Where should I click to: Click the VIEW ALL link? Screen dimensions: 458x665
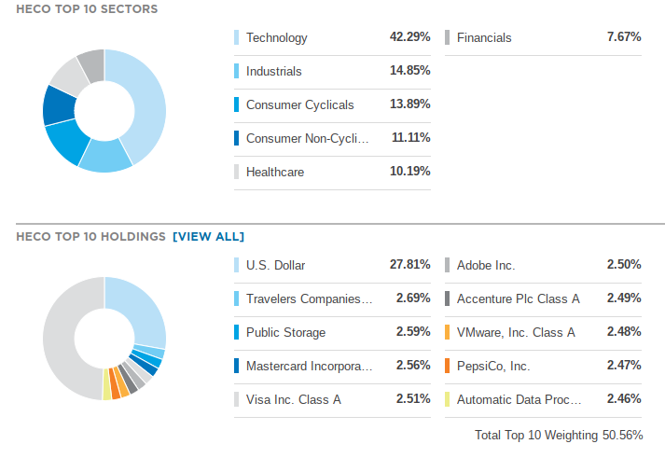pyautogui.click(x=208, y=237)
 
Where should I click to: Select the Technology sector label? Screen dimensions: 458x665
pyautogui.click(x=276, y=38)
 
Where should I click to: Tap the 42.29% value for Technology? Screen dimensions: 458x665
pyautogui.click(x=409, y=37)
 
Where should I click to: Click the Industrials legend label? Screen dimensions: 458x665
pyautogui.click(x=273, y=71)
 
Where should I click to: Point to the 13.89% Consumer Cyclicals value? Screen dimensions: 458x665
pyautogui.click(x=409, y=104)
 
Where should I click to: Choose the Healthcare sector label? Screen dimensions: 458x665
pyautogui.click(x=275, y=172)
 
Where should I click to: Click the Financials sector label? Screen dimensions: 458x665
pyautogui.click(x=484, y=38)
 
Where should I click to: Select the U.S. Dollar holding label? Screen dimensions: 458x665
pyautogui.click(x=275, y=265)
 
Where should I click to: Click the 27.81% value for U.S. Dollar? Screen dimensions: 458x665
pyautogui.click(x=409, y=265)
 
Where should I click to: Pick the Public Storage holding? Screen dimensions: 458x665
pyautogui.click(x=284, y=332)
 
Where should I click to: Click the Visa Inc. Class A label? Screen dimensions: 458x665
pyautogui.click(x=293, y=399)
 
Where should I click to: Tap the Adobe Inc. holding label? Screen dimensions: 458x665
pyautogui.click(x=485, y=265)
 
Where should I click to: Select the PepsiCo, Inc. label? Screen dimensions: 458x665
pyautogui.click(x=493, y=366)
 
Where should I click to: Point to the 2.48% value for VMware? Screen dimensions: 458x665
pyautogui.click(x=623, y=332)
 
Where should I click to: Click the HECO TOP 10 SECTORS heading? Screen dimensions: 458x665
pyautogui.click(x=87, y=9)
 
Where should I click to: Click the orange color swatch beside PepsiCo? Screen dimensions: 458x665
pyautogui.click(x=448, y=366)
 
